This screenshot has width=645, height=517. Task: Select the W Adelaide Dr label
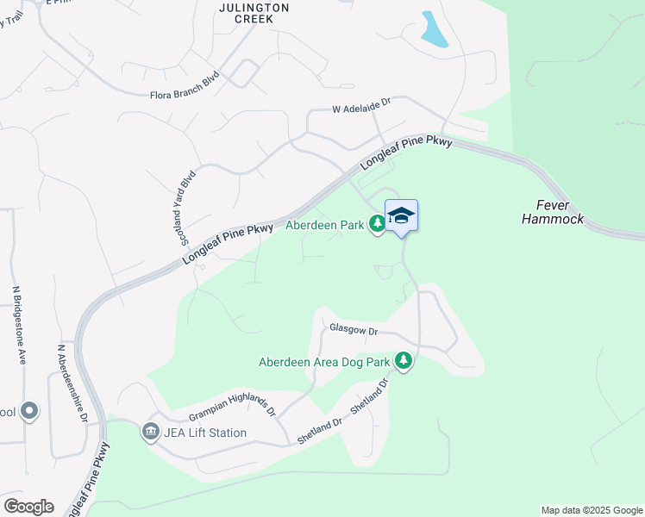(x=362, y=110)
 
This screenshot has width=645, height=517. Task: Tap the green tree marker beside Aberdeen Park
(x=377, y=224)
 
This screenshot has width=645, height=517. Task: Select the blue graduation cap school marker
(x=401, y=215)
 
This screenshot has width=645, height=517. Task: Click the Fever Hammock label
(x=553, y=212)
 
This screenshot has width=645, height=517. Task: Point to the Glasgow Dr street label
(x=354, y=330)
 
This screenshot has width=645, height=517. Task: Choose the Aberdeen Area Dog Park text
(x=325, y=362)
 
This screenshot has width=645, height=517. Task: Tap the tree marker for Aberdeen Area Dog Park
(x=403, y=360)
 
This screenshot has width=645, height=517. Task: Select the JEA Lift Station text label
(x=205, y=433)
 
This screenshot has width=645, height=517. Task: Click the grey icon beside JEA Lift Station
(x=151, y=431)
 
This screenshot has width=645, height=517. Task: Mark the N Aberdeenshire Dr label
(x=72, y=383)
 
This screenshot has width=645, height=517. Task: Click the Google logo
(x=28, y=507)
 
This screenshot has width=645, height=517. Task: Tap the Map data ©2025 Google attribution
(x=591, y=510)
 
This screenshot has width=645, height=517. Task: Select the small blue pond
(x=434, y=30)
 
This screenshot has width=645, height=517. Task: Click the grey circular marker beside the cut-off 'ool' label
(x=30, y=411)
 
